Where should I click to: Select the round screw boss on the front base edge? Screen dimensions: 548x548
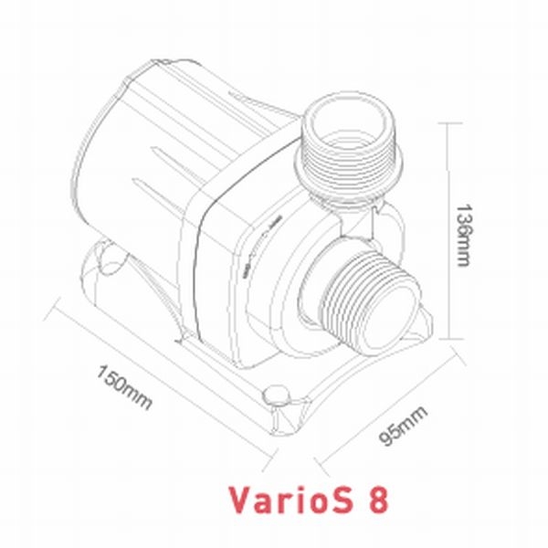[x=273, y=396]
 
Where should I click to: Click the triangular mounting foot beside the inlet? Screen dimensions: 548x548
[x=422, y=324]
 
